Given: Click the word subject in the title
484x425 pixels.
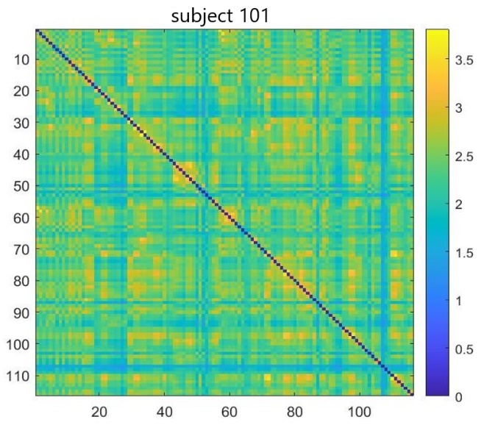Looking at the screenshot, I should click(207, 14).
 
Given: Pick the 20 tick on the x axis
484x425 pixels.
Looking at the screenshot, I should click(99, 410).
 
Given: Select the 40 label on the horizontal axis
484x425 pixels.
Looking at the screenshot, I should click(164, 410).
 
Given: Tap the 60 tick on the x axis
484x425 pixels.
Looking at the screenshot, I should click(229, 410).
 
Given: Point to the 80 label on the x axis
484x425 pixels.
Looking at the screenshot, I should click(293, 410).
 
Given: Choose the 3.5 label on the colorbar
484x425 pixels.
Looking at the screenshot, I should click(463, 60).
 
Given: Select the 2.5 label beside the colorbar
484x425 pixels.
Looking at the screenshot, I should click(463, 156).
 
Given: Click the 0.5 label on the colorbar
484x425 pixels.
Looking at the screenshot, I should click(463, 349).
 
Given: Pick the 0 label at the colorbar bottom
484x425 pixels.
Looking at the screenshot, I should click(457, 396).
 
